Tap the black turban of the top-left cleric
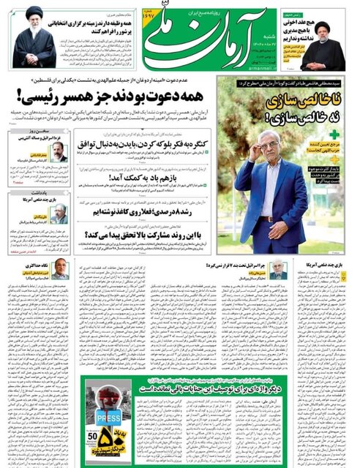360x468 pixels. (33, 13)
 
